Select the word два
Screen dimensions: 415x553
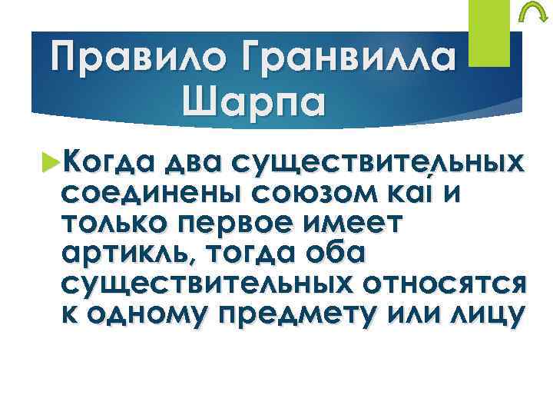[191, 164]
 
